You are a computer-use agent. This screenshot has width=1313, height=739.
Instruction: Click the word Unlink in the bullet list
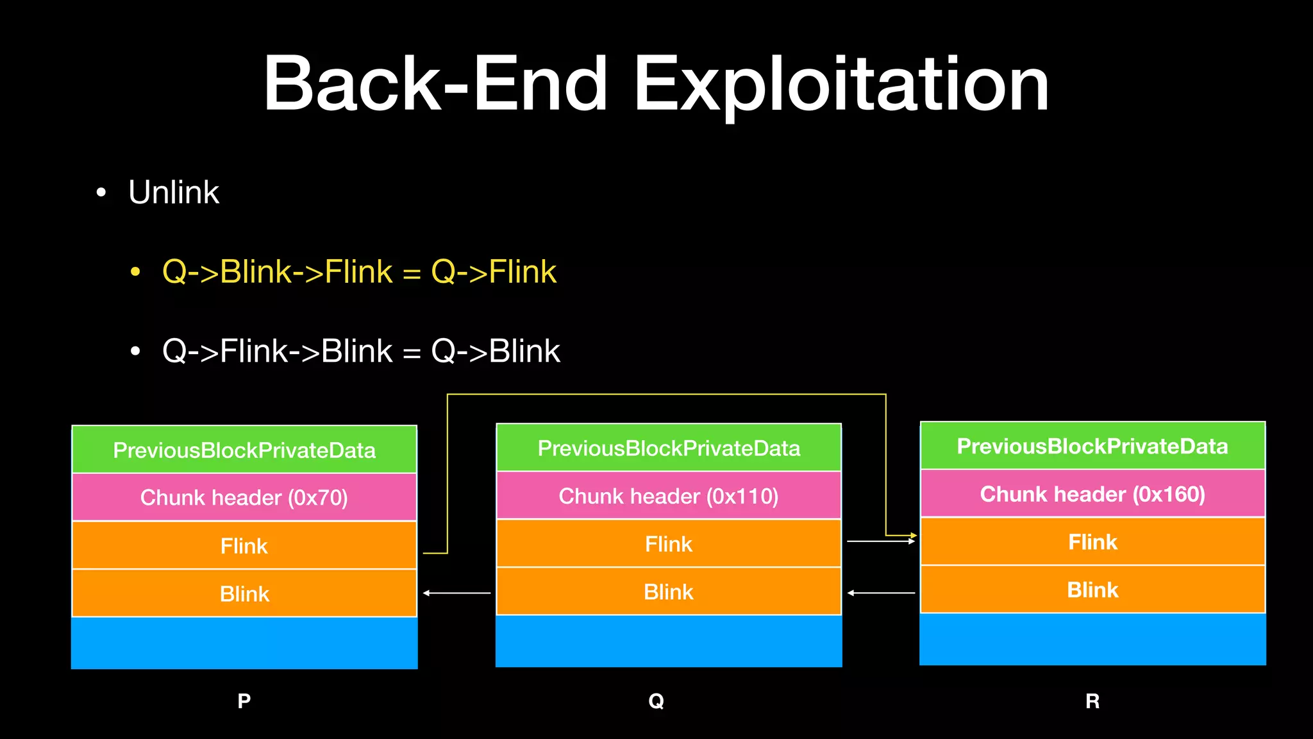(174, 192)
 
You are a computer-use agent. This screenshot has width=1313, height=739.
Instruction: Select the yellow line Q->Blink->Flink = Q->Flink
(359, 271)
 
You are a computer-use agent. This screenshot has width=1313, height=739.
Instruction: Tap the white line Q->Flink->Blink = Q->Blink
(361, 351)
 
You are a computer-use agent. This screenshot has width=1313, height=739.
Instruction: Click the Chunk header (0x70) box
(244, 497)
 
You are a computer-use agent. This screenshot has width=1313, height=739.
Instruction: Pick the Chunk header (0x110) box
(669, 496)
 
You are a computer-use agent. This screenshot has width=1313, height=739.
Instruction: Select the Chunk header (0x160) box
(1092, 494)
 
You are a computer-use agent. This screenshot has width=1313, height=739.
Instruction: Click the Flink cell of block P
(244, 545)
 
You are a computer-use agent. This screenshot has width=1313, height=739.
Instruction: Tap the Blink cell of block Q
(669, 591)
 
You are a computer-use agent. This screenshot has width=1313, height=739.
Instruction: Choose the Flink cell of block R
(1092, 542)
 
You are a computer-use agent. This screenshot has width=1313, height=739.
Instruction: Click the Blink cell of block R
(1092, 590)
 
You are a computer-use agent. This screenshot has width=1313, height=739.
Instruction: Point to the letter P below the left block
(244, 701)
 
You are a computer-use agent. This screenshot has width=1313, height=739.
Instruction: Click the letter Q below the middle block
(656, 701)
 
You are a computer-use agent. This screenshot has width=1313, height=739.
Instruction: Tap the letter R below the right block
(1092, 701)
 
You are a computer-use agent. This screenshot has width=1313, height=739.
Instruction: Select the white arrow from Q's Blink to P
(456, 593)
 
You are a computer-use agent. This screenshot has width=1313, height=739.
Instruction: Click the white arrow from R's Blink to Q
(882, 593)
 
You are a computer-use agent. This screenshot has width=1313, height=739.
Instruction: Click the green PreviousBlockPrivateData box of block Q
(669, 448)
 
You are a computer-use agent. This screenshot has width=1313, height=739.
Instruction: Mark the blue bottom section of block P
(244, 643)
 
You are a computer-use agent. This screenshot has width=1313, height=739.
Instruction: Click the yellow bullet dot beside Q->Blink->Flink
(135, 272)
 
